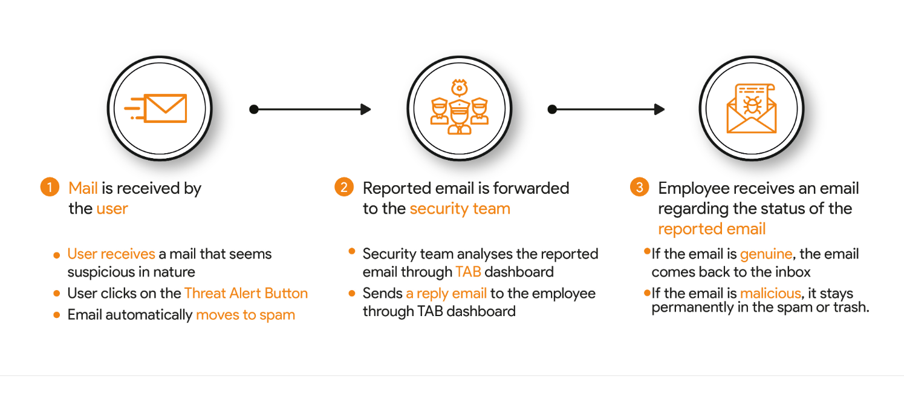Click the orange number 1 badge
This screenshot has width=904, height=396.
click(50, 187)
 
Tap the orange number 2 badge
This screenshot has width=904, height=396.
click(344, 187)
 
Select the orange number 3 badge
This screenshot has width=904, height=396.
click(639, 187)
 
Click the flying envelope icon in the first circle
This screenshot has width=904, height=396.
click(155, 108)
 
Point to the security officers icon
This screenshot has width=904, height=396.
click(460, 108)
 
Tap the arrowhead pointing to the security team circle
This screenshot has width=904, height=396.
click(366, 109)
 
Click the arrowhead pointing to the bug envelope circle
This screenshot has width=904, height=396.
click(660, 109)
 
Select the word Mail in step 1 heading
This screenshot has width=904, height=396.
click(83, 188)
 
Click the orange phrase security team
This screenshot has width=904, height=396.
click(460, 208)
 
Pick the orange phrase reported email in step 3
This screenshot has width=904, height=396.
click(712, 229)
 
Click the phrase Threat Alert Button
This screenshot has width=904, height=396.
click(246, 293)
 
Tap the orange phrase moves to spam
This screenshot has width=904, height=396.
click(246, 315)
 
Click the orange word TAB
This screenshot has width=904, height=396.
click(468, 272)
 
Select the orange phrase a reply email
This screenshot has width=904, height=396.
click(446, 294)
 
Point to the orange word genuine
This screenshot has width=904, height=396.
click(766, 254)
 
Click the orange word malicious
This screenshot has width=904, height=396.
click(770, 293)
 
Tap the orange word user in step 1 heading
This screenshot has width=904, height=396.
click(112, 209)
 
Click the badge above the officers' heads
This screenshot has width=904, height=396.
click(460, 88)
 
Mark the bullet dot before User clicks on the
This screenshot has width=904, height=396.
click(56, 293)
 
